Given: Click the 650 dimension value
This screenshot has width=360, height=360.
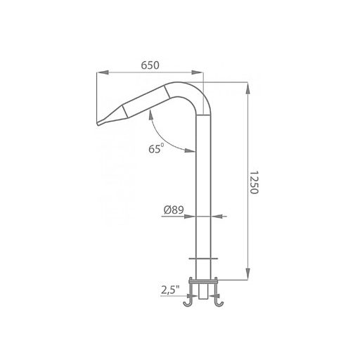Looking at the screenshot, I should point(149,65).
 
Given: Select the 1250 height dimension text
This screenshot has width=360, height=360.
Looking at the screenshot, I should point(255,183).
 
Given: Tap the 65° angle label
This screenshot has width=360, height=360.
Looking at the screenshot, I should point(155,148).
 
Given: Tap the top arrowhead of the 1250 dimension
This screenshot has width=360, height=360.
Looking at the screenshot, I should point(247,86).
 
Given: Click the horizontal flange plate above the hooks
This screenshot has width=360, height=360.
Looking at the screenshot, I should point(203,281).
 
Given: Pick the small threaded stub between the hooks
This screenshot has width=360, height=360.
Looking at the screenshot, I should point(203,292).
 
